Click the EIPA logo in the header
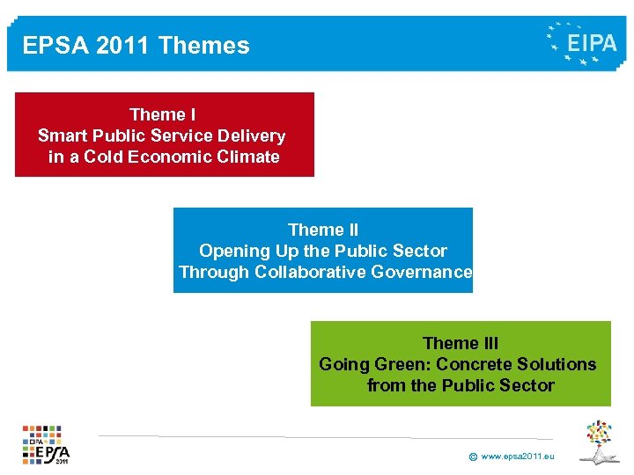pyautogui.click(x=582, y=43)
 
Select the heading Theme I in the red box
pyautogui.click(x=162, y=114)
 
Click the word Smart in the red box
pyautogui.click(x=62, y=135)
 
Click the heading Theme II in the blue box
pyautogui.click(x=323, y=230)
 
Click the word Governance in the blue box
pyautogui.click(x=422, y=272)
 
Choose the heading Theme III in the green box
pyautogui.click(x=461, y=343)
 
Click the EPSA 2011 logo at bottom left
pyautogui.click(x=46, y=445)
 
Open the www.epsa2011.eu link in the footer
pyautogui.click(x=518, y=457)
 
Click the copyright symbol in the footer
pyautogui.click(x=473, y=457)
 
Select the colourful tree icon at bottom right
pyautogui.click(x=600, y=441)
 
